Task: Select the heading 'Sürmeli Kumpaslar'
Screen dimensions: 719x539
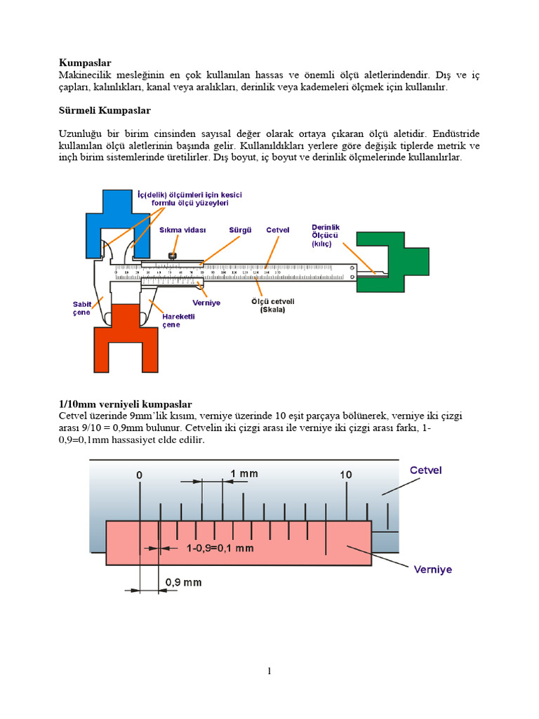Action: tap(105, 110)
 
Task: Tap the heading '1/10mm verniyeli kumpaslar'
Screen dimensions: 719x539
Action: tap(124, 404)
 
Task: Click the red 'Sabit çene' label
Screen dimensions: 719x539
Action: tap(82, 308)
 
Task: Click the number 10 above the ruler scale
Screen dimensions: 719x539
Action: tap(345, 475)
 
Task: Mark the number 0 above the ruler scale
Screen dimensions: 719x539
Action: tap(140, 475)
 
